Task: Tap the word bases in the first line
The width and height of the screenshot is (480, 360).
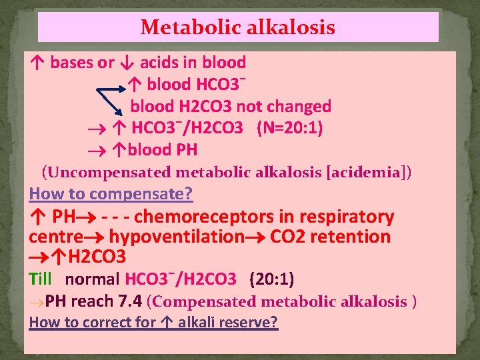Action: click(x=73, y=63)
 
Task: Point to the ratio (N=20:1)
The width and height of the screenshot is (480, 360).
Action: click(x=290, y=128)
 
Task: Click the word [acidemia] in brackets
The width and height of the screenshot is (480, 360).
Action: click(x=369, y=173)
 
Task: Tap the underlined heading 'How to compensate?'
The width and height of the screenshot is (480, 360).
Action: click(x=111, y=194)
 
